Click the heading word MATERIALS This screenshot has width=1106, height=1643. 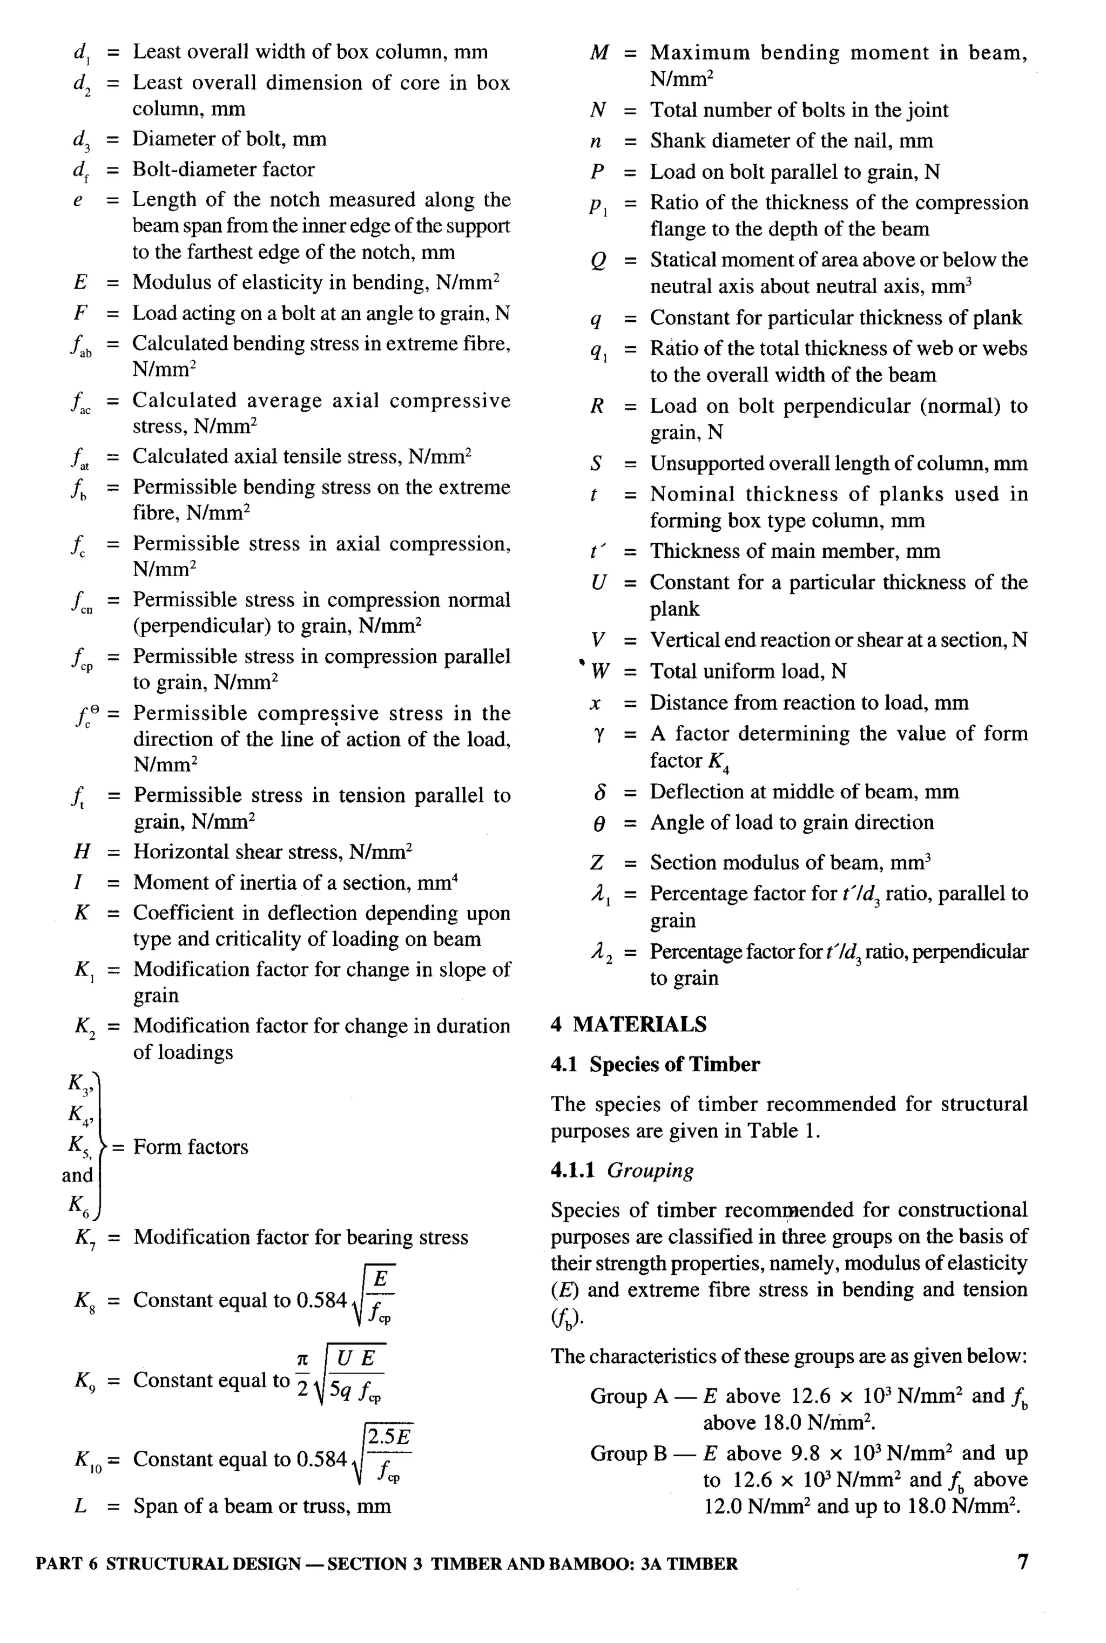pos(639,1025)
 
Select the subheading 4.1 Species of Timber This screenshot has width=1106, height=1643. pos(655,1064)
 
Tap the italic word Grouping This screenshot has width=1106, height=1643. pos(650,1171)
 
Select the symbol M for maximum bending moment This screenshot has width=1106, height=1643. pos(598,53)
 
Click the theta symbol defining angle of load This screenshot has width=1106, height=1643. pos(598,823)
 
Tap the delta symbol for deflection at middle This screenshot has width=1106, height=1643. pos(599,792)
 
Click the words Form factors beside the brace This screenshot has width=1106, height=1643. pos(191,1147)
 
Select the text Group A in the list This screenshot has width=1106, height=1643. pos(629,1396)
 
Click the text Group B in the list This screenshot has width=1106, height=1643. pos(629,1453)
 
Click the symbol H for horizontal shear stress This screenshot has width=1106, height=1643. pos(82,852)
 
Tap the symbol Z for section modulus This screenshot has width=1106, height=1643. pos(597,863)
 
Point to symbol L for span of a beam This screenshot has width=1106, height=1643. pos(80,1506)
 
